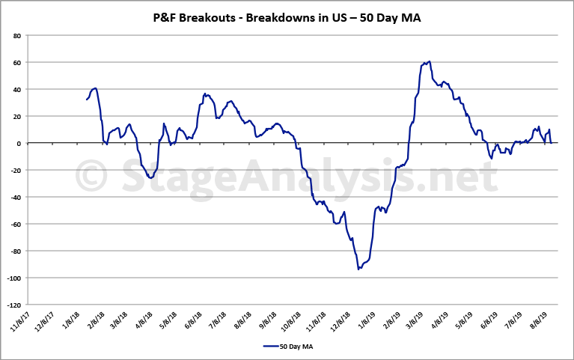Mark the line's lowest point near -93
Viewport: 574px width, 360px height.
(x=359, y=268)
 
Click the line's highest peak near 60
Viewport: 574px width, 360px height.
(x=429, y=61)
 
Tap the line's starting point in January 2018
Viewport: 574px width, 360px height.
(x=87, y=100)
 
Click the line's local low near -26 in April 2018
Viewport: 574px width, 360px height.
(x=150, y=178)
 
